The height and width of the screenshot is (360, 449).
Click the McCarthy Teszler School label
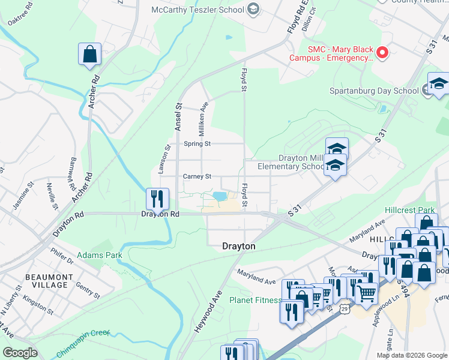[197, 9]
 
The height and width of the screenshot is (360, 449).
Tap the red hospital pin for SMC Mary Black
[382, 53]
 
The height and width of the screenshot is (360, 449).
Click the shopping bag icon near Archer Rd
[89, 54]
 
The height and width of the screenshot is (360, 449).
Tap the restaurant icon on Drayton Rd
[157, 198]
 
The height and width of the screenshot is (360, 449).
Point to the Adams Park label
[100, 255]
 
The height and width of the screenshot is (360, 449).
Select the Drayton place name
[239, 246]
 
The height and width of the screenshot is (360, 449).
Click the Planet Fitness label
[256, 300]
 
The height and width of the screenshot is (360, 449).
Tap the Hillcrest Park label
[410, 211]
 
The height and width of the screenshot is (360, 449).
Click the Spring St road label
[197, 144]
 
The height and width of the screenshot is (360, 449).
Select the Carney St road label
[197, 176]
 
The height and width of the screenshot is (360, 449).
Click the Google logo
[20, 353]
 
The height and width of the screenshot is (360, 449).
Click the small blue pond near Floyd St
[219, 196]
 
